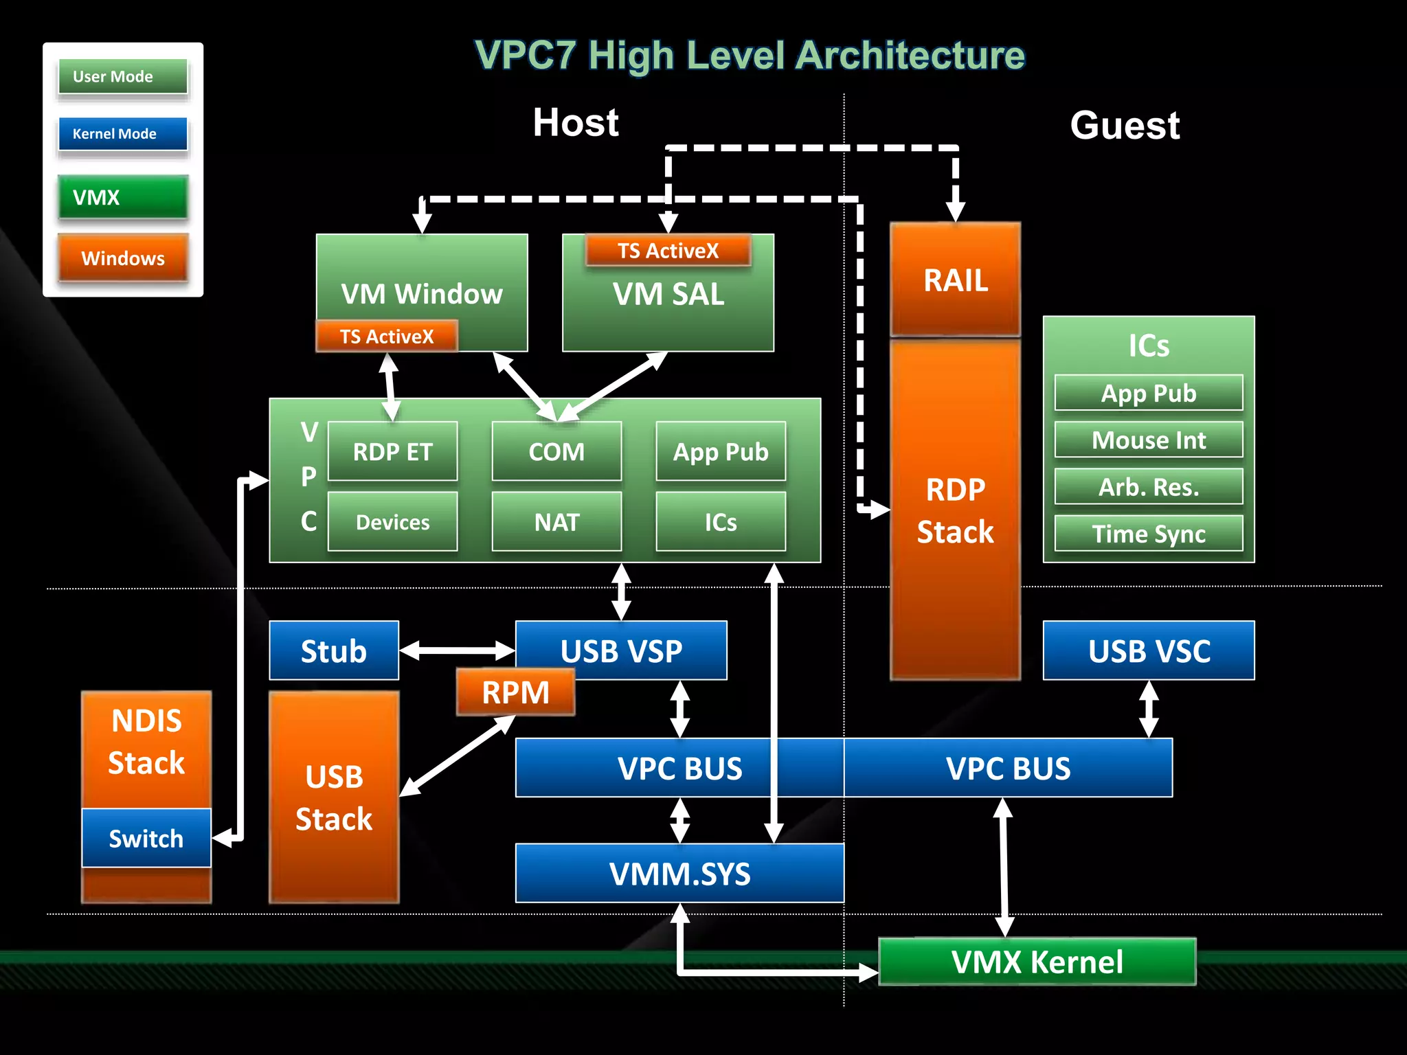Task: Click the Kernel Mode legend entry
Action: click(x=122, y=134)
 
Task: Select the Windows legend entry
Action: click(x=122, y=258)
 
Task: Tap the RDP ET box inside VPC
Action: click(x=392, y=451)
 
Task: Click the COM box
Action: click(x=556, y=451)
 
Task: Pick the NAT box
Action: click(x=556, y=522)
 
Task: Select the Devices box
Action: click(x=392, y=522)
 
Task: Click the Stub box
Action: click(x=334, y=650)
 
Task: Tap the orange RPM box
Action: click(x=515, y=692)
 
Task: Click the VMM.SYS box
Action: click(x=679, y=873)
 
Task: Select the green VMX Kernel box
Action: click(x=1037, y=962)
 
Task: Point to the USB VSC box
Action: click(x=1149, y=650)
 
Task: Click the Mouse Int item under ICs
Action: click(x=1149, y=440)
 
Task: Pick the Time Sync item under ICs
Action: click(x=1149, y=534)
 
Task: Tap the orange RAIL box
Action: click(x=955, y=280)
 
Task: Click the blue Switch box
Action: click(x=146, y=838)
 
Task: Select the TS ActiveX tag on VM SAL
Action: click(x=668, y=251)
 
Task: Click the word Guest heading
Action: click(x=1125, y=125)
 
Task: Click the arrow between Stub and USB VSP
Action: click(x=457, y=650)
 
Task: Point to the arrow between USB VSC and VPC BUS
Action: click(x=1149, y=709)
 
